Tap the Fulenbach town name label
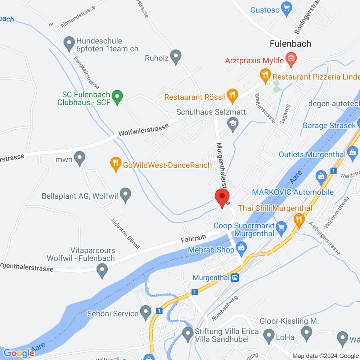[291, 44]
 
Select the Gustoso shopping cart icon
[287, 7]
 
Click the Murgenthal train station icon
[235, 278]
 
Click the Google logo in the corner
[19, 353]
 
